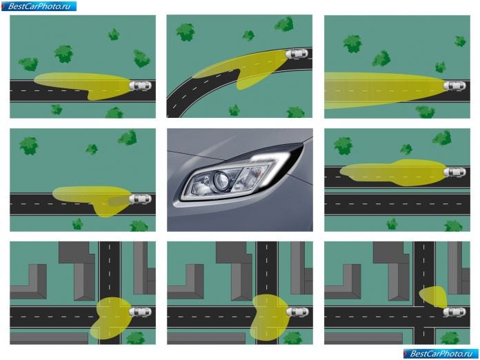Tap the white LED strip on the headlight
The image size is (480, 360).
click(270, 158)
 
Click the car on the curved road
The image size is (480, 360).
click(297, 54)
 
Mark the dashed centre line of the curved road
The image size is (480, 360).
click(232, 71)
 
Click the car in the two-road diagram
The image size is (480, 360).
click(454, 172)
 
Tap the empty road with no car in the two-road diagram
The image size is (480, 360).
click(397, 204)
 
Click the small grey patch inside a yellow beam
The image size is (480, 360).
click(119, 201)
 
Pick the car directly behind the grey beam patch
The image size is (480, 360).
click(140, 199)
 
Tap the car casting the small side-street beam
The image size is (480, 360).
click(454, 312)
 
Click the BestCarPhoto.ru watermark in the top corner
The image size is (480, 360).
click(39, 6)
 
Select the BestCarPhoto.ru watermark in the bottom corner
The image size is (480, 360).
click(441, 354)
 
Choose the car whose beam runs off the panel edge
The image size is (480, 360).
click(454, 86)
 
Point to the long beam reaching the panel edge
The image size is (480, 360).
click(385, 90)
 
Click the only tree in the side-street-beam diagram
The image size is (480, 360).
click(450, 338)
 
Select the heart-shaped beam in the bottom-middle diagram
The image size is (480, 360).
click(270, 317)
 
